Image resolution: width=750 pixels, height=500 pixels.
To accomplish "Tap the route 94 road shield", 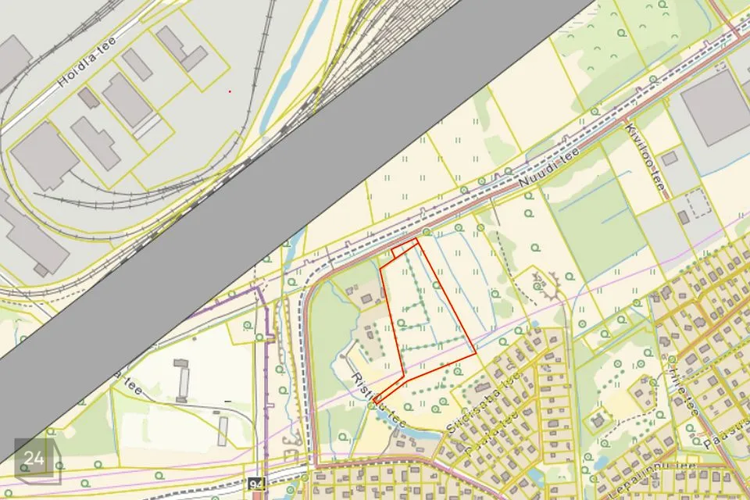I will click(x=256, y=485).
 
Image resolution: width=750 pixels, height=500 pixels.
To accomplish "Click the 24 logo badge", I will click(x=34, y=459).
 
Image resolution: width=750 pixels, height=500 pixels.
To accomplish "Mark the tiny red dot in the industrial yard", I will click(x=230, y=91).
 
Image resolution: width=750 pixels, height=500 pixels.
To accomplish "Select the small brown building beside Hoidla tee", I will click(x=88, y=98).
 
